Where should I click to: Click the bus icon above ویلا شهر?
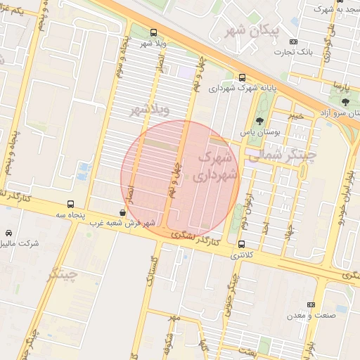(x=154, y=32)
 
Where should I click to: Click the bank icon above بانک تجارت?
(x=294, y=40)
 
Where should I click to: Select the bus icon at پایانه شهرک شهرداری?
(x=243, y=77)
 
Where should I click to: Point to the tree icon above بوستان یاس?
(x=260, y=120)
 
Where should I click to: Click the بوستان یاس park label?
(x=260, y=132)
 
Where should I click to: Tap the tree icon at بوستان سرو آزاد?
(x=344, y=101)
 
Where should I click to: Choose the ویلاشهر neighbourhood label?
(x=150, y=110)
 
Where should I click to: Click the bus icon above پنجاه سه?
(x=70, y=204)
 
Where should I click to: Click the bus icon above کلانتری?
(x=242, y=244)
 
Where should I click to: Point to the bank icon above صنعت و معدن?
(x=311, y=304)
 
